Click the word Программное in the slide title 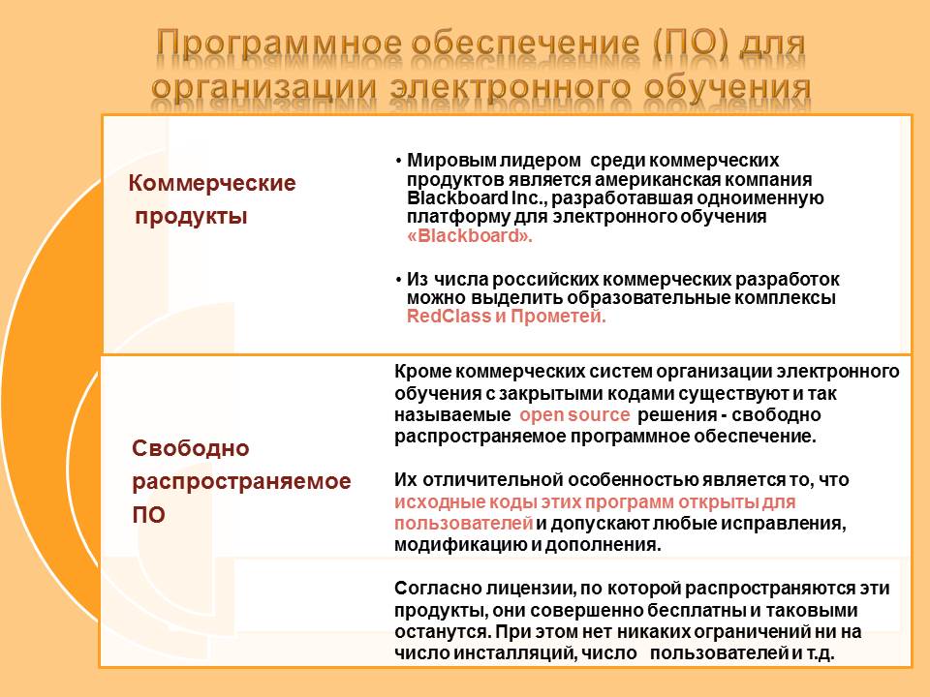coord(279,45)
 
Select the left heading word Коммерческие coord(212,183)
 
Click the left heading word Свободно coord(191,448)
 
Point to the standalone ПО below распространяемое coord(148,514)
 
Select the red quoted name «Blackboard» coord(470,235)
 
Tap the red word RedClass coord(449,316)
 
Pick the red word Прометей coord(558,316)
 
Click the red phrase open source coord(574,414)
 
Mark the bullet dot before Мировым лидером coord(398,161)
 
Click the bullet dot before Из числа coord(398,279)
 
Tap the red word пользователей coord(463,524)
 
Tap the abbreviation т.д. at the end coord(820,653)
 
